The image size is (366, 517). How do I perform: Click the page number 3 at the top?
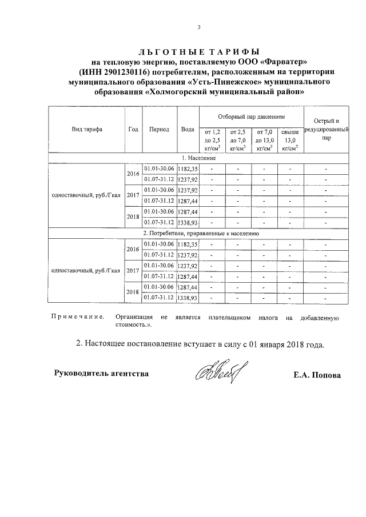[x=198, y=27]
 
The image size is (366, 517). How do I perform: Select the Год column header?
[x=133, y=130]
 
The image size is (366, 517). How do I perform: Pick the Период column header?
[x=159, y=130]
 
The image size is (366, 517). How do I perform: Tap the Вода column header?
[x=187, y=130]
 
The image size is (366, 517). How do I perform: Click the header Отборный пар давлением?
[x=251, y=116]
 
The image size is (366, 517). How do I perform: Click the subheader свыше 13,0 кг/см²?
[x=291, y=140]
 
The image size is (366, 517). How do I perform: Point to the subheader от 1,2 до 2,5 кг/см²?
[x=212, y=140]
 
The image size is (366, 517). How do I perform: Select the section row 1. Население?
[x=198, y=158]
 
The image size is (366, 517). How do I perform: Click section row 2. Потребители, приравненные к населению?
[x=198, y=234]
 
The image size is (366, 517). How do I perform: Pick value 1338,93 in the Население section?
[x=187, y=222]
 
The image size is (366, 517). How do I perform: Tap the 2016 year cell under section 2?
[x=133, y=250]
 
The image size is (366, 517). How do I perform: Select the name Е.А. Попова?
[x=316, y=375]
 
